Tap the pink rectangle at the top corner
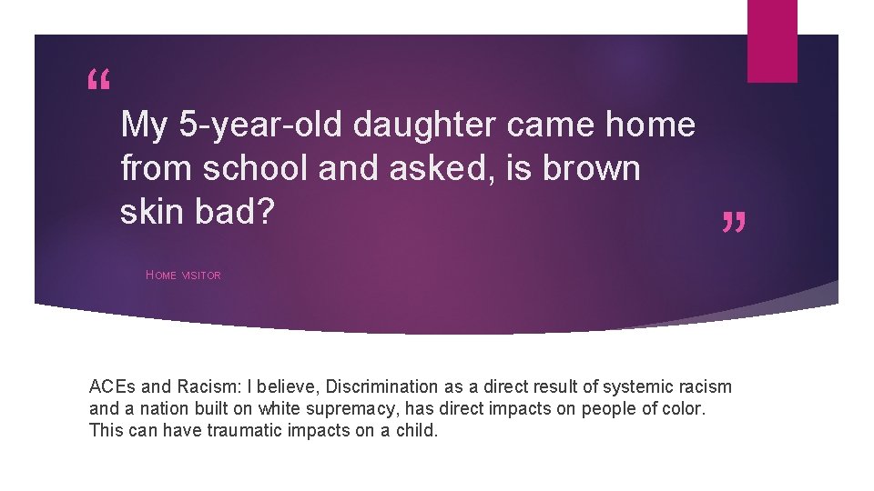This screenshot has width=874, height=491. point(772,41)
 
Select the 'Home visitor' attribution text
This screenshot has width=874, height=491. point(183,276)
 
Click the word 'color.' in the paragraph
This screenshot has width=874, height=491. point(684,408)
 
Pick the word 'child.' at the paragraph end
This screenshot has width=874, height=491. point(415,430)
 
